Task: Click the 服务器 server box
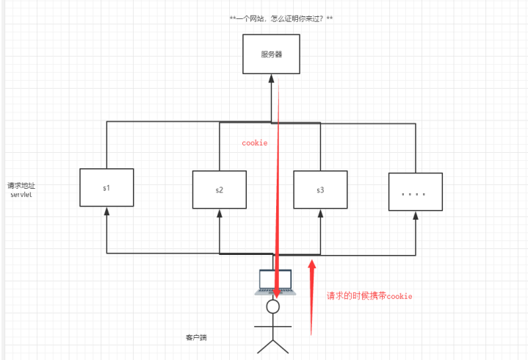272,54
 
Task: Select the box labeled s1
106,188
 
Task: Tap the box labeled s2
220,190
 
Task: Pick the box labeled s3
320,190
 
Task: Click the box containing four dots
415,193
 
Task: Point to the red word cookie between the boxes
255,143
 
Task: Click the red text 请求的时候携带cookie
369,296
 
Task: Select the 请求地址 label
21,185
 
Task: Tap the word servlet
21,195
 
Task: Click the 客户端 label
197,338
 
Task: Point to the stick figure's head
273,306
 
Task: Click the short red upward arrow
311,294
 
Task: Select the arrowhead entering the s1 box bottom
106,212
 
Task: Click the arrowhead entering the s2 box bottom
220,214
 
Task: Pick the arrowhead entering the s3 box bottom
320,214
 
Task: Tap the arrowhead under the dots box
415,217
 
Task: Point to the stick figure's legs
272,345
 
